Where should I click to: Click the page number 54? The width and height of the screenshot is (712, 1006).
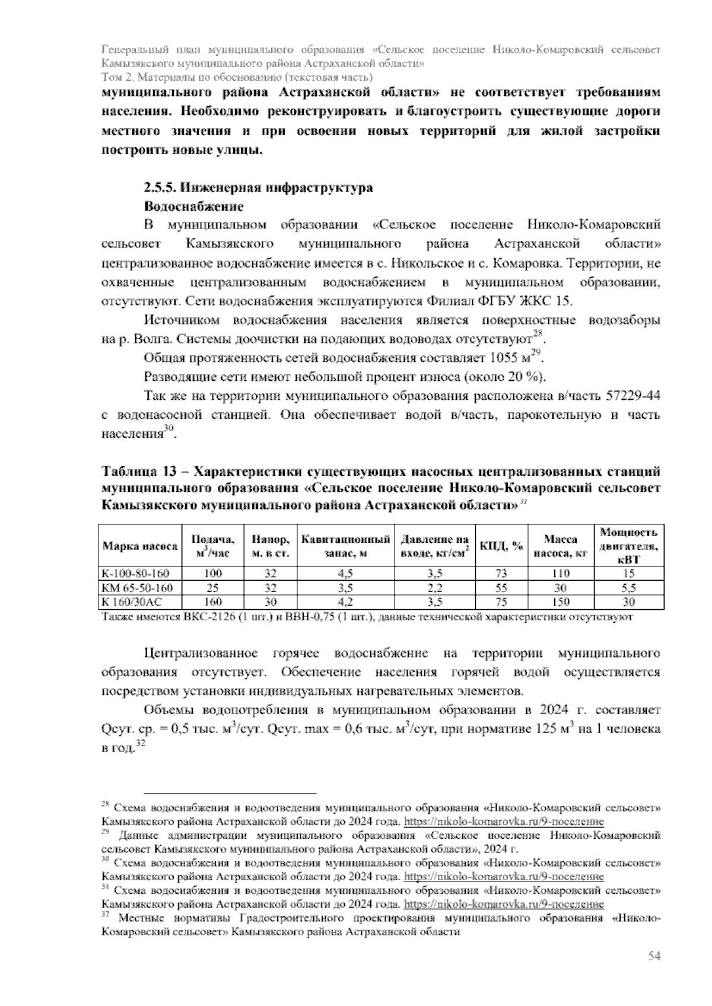[654, 956]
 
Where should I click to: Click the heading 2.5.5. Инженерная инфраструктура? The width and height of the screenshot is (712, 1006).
[259, 188]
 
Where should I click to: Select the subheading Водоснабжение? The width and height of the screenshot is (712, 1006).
[193, 207]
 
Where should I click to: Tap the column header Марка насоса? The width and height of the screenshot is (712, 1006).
[140, 546]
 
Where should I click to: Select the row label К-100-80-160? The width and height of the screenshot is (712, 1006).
[136, 574]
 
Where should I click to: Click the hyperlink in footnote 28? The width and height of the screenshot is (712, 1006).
[504, 822]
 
